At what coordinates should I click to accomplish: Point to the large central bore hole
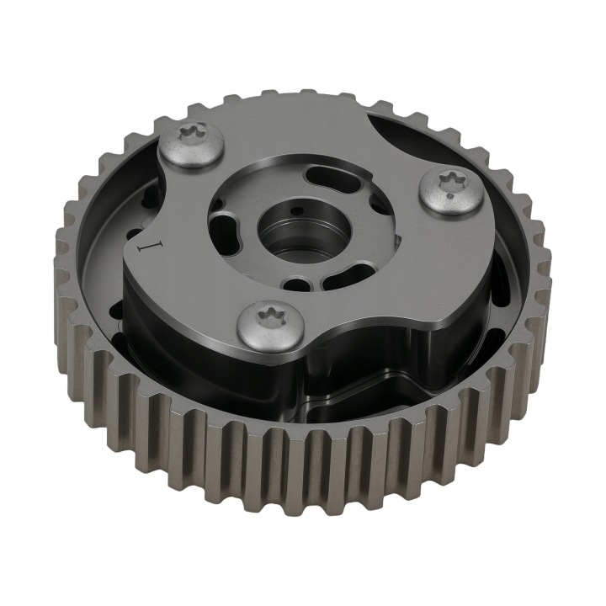tap(305, 231)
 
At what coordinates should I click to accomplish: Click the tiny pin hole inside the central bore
tap(296, 211)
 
